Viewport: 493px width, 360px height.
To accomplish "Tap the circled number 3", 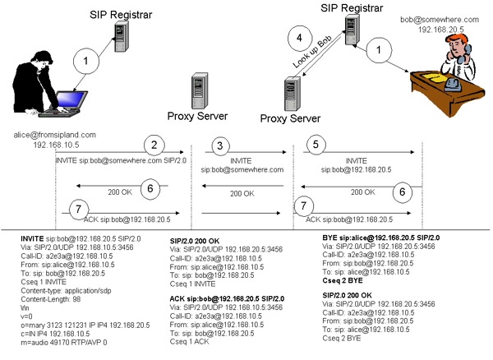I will (219, 146).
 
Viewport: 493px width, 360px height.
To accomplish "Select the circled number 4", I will (301, 39).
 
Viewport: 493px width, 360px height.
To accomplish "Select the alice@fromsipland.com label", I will (56, 134).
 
